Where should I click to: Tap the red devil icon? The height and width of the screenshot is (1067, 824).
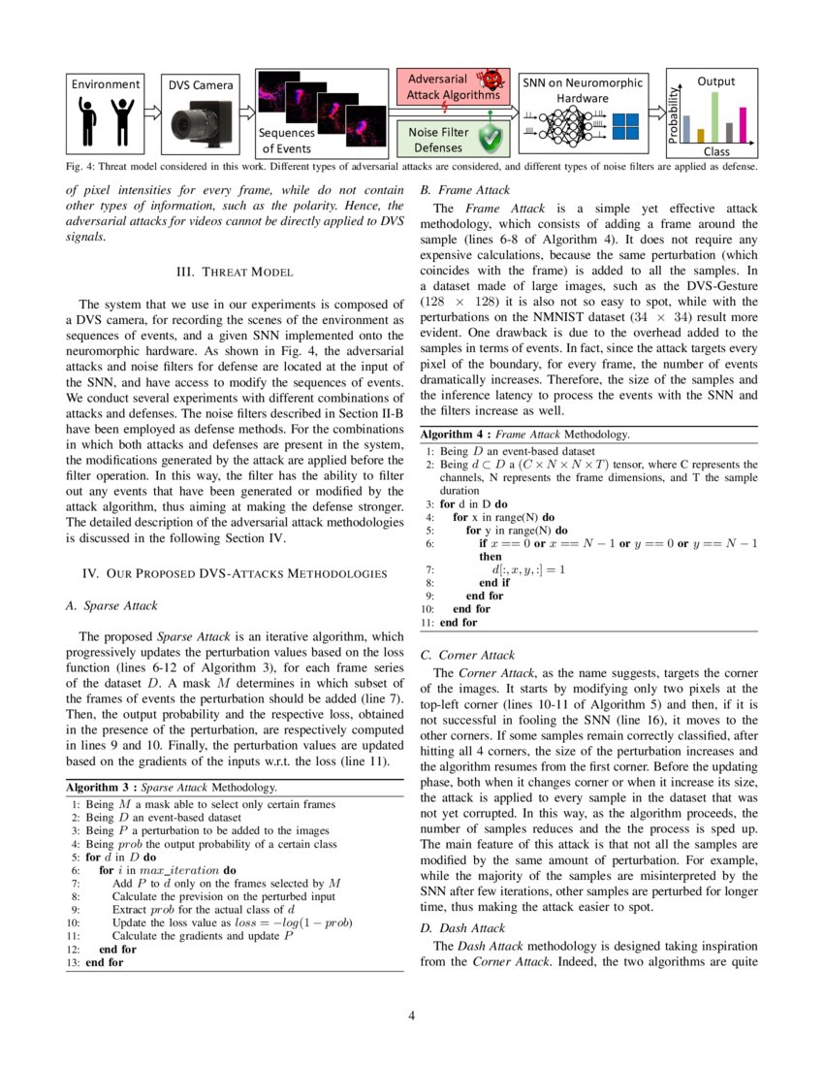point(491,78)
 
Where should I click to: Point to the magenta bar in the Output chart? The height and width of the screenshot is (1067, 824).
point(744,124)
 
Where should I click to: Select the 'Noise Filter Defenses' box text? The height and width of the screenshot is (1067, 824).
point(438,140)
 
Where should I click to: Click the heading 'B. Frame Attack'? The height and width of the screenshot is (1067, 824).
point(464,191)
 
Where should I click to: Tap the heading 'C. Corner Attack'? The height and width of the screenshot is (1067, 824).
point(467,655)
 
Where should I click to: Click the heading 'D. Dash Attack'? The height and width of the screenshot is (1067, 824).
point(462,928)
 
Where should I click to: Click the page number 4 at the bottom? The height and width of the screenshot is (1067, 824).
point(412,1016)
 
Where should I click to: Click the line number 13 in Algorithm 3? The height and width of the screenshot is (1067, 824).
point(73,962)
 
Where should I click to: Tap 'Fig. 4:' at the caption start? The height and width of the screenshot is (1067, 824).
point(81,166)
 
